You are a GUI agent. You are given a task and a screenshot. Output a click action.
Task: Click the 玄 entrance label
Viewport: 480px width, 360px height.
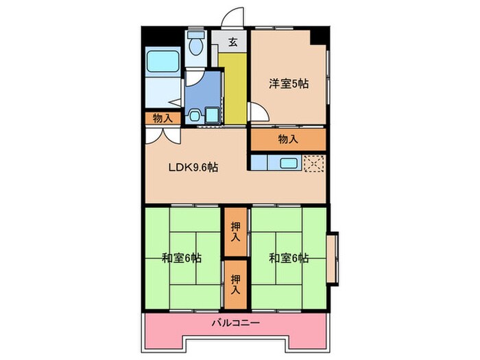click(233, 42)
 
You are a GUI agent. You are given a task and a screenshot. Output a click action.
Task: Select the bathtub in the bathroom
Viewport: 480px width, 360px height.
click(162, 64)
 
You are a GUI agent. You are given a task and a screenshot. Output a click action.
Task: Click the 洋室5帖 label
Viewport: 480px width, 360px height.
click(287, 84)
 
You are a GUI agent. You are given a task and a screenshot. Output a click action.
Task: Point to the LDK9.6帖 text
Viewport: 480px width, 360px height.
click(194, 167)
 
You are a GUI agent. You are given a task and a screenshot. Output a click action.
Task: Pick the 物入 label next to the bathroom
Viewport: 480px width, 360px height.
click(163, 119)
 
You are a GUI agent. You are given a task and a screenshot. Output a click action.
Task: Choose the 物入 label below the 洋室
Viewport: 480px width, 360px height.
click(287, 139)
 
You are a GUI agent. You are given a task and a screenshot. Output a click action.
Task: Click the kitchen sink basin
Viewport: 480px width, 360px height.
click(287, 163)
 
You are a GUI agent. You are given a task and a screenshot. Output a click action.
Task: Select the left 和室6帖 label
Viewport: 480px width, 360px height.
click(181, 259)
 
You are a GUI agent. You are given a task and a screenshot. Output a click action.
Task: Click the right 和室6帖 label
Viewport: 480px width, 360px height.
click(288, 259)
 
